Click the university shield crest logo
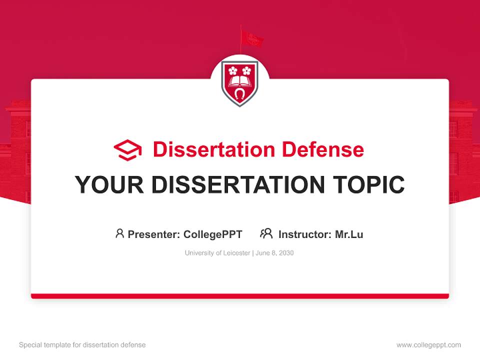pos(240,83)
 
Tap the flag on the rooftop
pos(251,38)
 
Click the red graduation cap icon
pos(127,150)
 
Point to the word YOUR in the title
pos(109,185)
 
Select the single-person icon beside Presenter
pos(119,233)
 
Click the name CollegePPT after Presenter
pos(213,234)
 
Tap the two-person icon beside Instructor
pos(266,233)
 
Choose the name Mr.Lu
pos(349,234)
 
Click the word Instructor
pos(304,234)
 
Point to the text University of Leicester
pos(217,253)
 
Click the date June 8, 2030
pos(274,253)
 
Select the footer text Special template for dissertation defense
pos(82,345)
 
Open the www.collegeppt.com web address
pos(428,345)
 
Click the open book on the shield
pos(240,81)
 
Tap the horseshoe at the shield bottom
pos(240,94)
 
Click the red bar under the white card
pos(240,296)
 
